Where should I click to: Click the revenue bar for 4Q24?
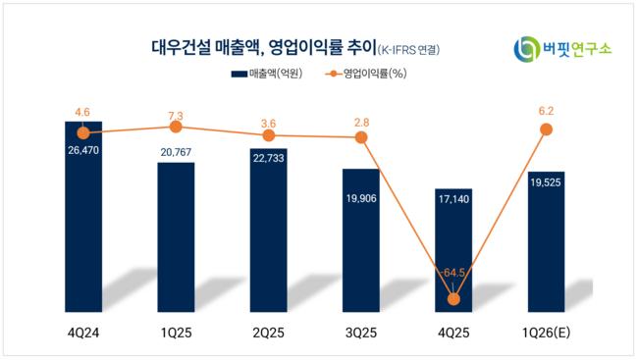pyautogui.click(x=83, y=217)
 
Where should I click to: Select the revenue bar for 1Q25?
pyautogui.click(x=176, y=237)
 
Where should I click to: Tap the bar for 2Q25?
pyautogui.click(x=269, y=231)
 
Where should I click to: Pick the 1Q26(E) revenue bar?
pyautogui.click(x=546, y=241)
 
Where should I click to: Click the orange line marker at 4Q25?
pyautogui.click(x=453, y=299)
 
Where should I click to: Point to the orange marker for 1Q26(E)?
pyautogui.click(x=546, y=129)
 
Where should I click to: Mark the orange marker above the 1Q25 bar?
pyautogui.click(x=176, y=127)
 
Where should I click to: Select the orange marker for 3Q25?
pyautogui.click(x=361, y=137)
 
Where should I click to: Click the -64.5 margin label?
pyautogui.click(x=452, y=273)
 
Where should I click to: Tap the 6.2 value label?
pyautogui.click(x=546, y=111)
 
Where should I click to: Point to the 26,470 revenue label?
pyautogui.click(x=83, y=150)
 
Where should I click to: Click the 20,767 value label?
pyautogui.click(x=176, y=153)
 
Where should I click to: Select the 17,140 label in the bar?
pyautogui.click(x=453, y=199)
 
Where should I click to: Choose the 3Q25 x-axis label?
pyautogui.click(x=361, y=334)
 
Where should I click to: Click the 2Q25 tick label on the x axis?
pyautogui.click(x=269, y=334)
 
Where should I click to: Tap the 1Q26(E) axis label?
pyautogui.click(x=546, y=334)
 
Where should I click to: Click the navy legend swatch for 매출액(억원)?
pyautogui.click(x=239, y=74)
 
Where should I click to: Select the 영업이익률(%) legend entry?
pyautogui.click(x=366, y=74)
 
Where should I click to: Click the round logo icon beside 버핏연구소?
pyautogui.click(x=526, y=49)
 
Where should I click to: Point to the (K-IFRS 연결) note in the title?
pyautogui.click(x=408, y=50)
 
